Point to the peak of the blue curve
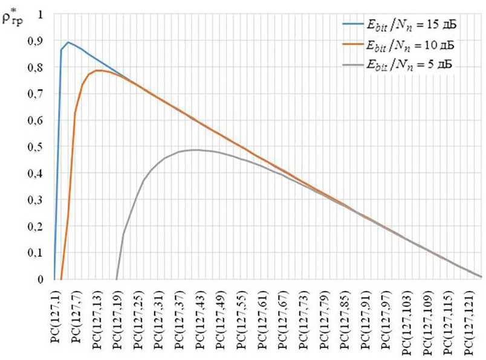click(x=68, y=42)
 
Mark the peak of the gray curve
click(x=195, y=150)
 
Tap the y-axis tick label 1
click(x=41, y=14)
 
